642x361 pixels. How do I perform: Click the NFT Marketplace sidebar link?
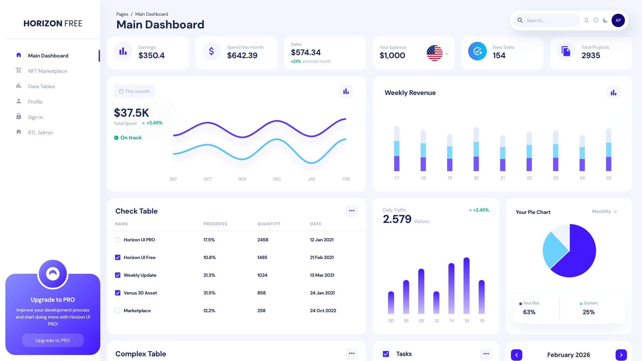point(47,71)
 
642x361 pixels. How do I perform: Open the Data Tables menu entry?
point(41,87)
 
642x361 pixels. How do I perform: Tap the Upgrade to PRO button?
point(53,340)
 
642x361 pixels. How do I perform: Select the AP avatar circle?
point(618,20)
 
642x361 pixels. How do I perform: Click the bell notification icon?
point(586,20)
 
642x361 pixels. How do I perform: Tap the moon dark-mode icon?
point(605,20)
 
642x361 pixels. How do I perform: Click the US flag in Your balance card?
point(434,53)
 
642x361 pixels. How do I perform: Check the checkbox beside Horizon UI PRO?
point(118,240)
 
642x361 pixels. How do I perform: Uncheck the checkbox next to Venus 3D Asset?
point(118,293)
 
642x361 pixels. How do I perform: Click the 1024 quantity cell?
point(262,275)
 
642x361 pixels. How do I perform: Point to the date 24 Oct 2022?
point(323,311)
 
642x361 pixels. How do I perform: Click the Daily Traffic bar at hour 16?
point(466,286)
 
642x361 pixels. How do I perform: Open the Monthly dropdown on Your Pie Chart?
point(604,212)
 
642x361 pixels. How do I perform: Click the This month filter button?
point(134,91)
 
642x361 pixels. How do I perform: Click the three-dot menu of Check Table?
point(351,211)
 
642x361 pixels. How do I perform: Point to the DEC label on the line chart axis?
point(277,179)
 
